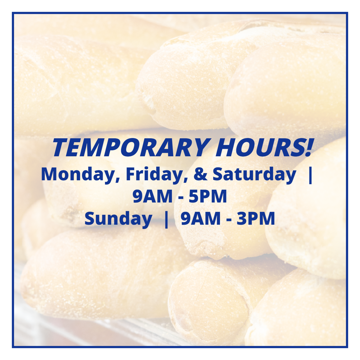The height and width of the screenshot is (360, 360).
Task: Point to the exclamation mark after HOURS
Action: click(307, 148)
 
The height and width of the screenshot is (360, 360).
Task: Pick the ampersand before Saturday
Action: click(200, 174)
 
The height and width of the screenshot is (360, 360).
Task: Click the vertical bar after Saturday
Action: click(310, 174)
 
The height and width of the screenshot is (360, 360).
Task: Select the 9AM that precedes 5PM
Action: click(152, 196)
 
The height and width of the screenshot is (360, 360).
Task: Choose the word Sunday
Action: click(118, 219)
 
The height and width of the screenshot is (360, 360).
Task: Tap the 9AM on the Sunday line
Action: click(201, 219)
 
